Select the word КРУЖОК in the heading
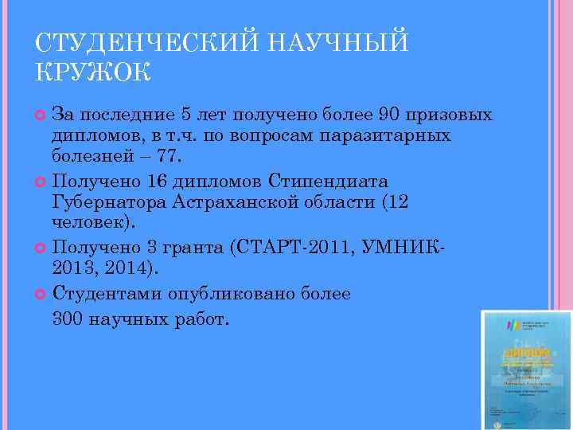[x=92, y=72]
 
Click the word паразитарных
[x=385, y=135]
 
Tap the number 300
[x=70, y=320]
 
